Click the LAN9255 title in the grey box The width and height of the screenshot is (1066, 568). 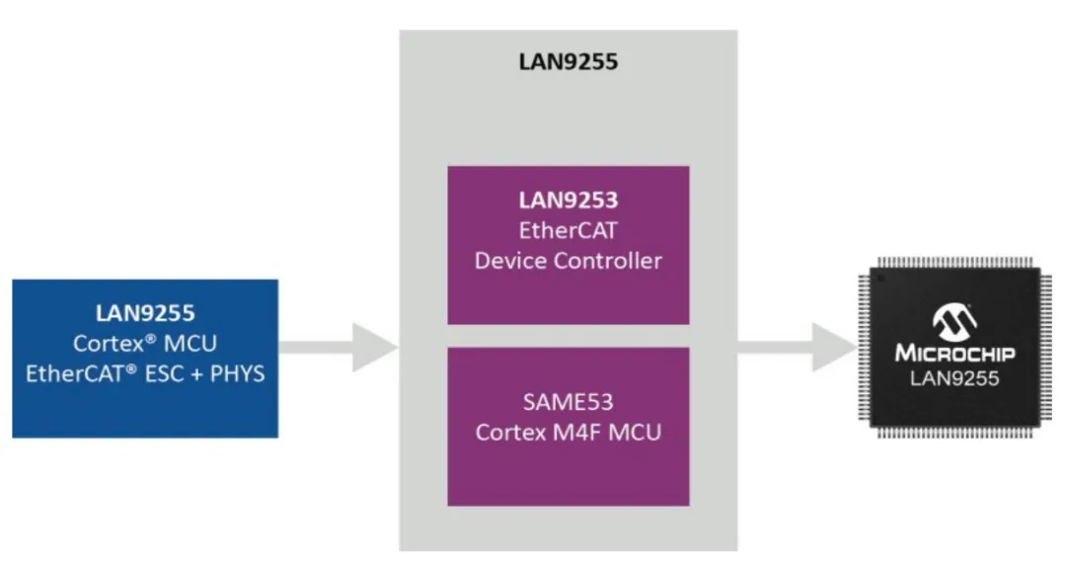568,62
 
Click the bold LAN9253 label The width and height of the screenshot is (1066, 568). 568,201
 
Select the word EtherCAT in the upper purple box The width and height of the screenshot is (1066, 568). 568,230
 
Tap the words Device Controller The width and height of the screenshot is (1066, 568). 568,261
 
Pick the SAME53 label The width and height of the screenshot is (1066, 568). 568,401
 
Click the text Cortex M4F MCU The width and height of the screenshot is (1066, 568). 568,432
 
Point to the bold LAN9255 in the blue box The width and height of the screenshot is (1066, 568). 145,314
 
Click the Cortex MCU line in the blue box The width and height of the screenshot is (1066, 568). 145,344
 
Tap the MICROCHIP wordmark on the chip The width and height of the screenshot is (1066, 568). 954,353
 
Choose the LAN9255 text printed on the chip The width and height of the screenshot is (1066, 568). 954,377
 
